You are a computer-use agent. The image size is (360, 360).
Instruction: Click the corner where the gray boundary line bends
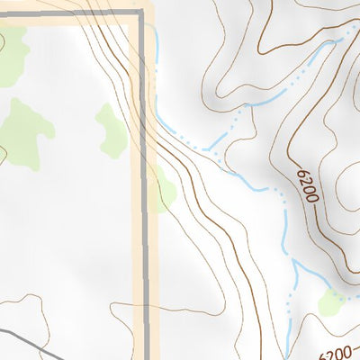pyautogui.click(x=142, y=11)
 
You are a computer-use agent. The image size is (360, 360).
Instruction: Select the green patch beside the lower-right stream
pyautogui.click(x=331, y=303)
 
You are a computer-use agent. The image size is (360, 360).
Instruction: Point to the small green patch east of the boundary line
pyautogui.click(x=165, y=192)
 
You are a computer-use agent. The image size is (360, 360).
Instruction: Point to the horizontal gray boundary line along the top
pyautogui.click(x=72, y=11)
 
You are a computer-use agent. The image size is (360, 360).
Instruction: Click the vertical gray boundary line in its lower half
pyautogui.click(x=145, y=270)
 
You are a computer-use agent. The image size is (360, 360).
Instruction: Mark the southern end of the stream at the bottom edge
pyautogui.click(x=286, y=355)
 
